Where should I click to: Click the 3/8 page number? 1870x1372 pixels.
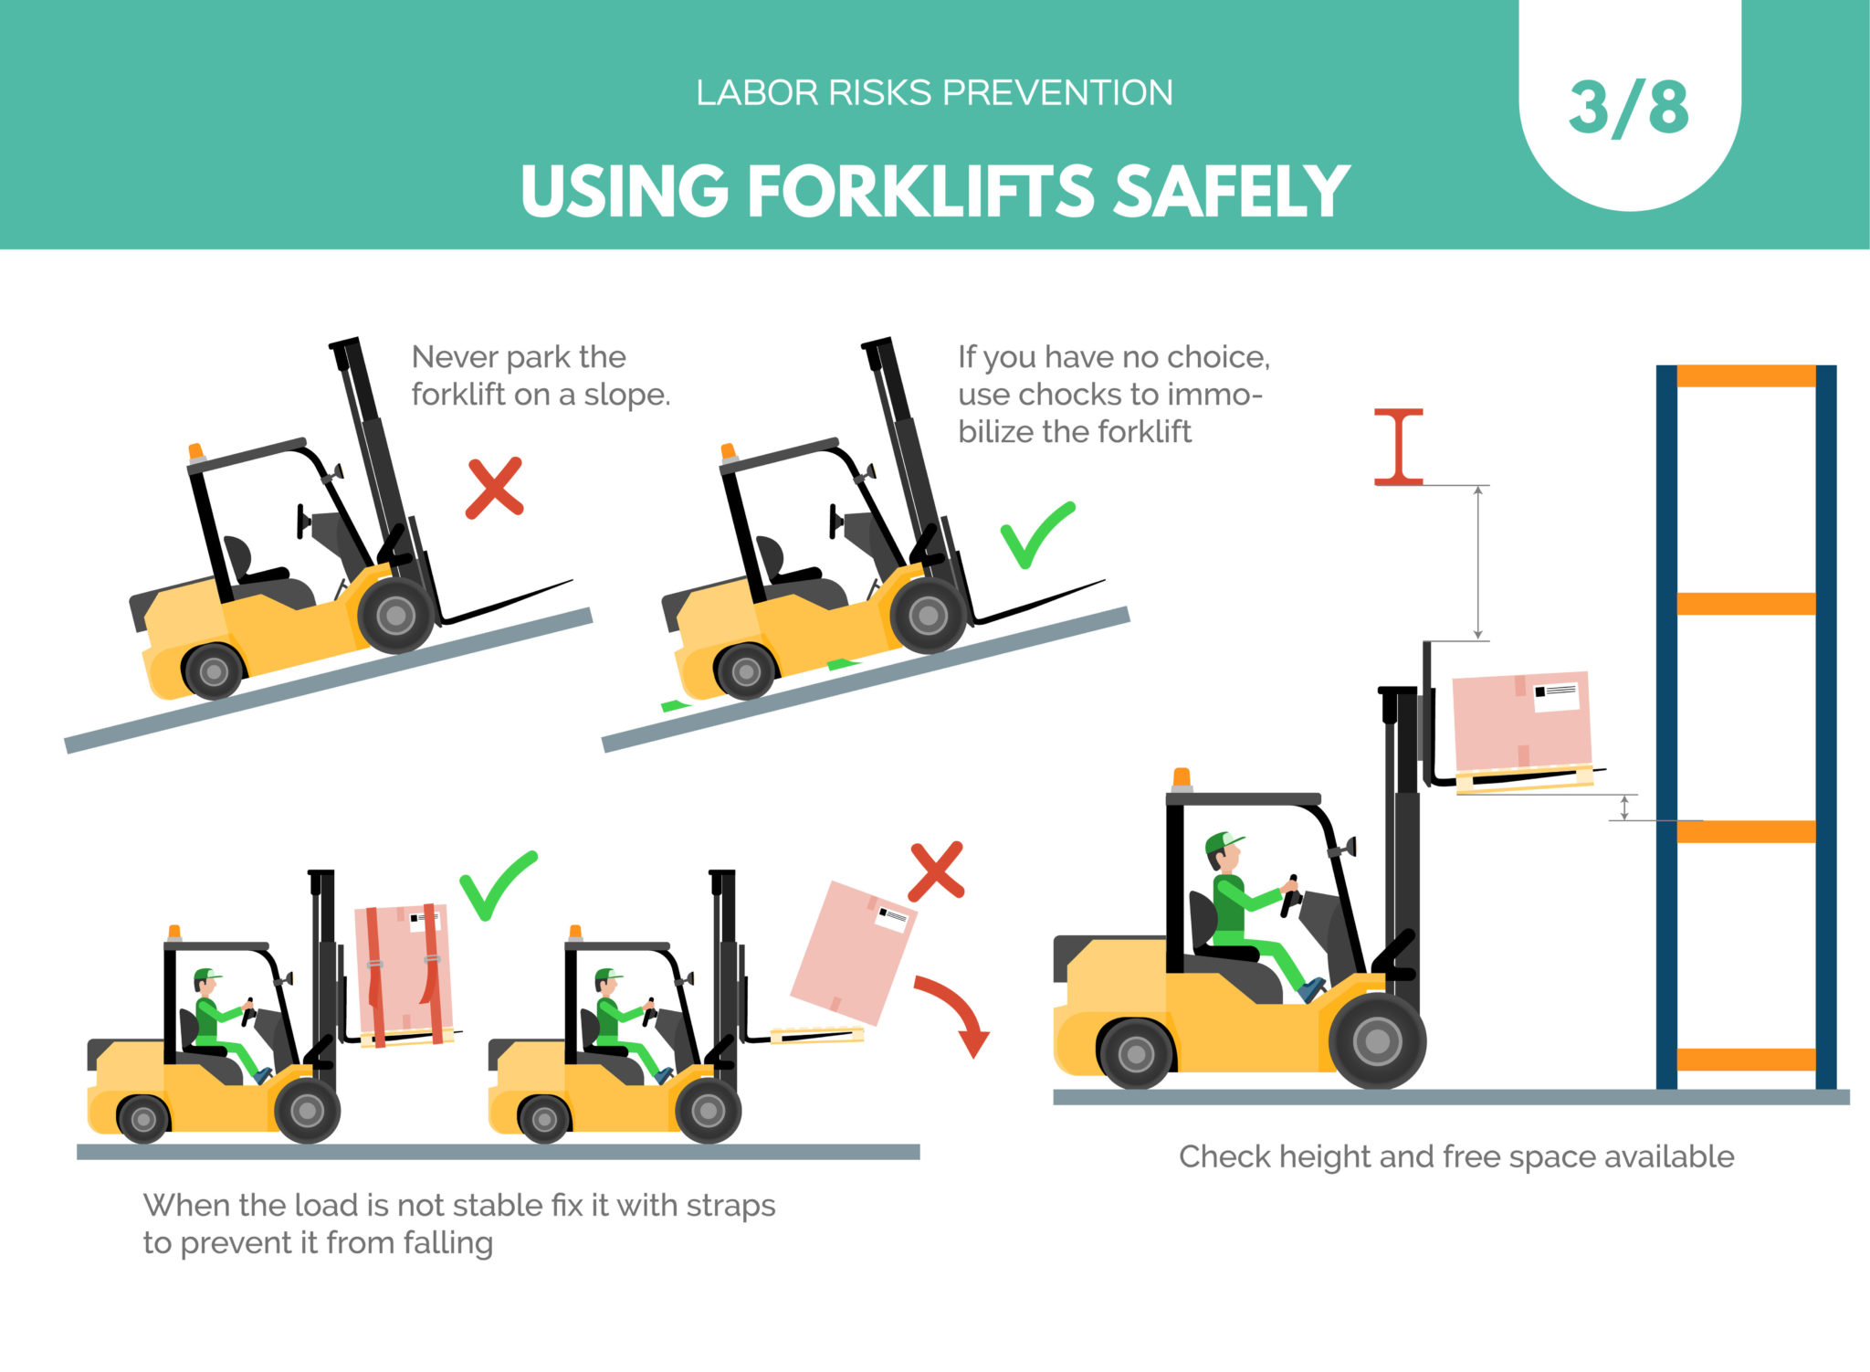coord(1629,109)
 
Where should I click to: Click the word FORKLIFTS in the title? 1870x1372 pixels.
coord(921,192)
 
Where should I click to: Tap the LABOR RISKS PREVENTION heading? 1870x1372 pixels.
coord(934,93)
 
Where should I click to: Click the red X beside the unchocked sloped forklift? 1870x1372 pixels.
coord(494,489)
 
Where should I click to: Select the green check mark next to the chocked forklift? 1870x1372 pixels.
coord(1036,535)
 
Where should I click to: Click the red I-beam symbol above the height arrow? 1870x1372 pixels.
coord(1399,447)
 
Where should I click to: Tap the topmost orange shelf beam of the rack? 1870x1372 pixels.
coord(1745,376)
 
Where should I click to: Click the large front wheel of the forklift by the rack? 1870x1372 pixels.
coord(1377,1040)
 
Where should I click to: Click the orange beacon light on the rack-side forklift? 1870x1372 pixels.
coord(1182,777)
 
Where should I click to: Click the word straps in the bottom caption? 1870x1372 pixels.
coord(730,1206)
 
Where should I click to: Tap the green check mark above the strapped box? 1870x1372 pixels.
coord(497,885)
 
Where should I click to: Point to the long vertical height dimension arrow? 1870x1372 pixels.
coord(1478,562)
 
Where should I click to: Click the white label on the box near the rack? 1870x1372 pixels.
coord(1556,697)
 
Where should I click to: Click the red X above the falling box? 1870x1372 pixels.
coord(936,871)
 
